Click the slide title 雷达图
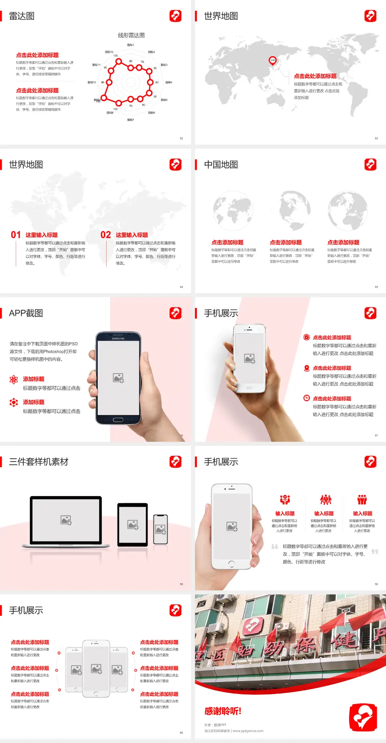(x=22, y=16)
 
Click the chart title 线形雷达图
(x=131, y=35)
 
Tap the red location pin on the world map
(x=272, y=60)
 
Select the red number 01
(x=16, y=235)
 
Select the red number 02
(x=106, y=235)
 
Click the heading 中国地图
(x=221, y=165)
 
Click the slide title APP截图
(x=26, y=313)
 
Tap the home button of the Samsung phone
(x=118, y=420)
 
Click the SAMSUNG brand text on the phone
(x=118, y=339)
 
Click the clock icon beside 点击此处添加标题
(x=306, y=398)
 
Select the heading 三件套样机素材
(x=39, y=462)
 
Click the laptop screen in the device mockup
(x=66, y=520)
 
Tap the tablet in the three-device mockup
(x=133, y=524)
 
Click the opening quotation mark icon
(x=275, y=547)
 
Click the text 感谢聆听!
(x=223, y=711)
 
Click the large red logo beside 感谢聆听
(x=363, y=717)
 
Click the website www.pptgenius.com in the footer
(x=248, y=731)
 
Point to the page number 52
(x=181, y=138)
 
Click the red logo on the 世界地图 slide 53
(x=370, y=16)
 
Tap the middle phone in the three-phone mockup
(x=96, y=668)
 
